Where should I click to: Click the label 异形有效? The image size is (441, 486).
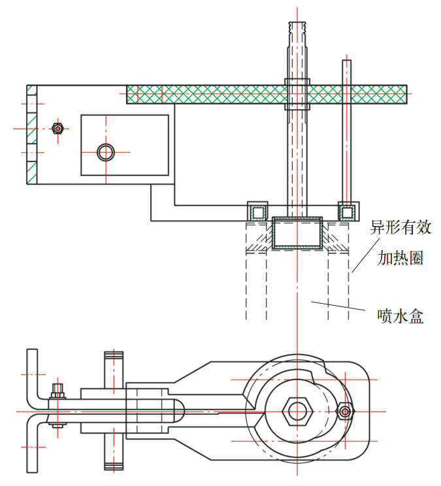(x=401, y=228)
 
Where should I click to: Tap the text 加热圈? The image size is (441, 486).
(x=400, y=258)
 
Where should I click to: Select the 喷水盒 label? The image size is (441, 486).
(x=400, y=317)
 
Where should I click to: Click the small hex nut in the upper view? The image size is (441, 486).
(x=57, y=129)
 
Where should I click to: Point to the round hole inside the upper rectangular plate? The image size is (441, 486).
(x=105, y=152)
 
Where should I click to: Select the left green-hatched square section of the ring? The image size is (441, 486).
(x=257, y=212)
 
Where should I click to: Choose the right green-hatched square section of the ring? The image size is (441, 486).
(x=348, y=212)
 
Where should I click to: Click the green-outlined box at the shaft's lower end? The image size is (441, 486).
(x=298, y=233)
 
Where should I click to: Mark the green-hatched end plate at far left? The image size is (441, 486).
(x=31, y=134)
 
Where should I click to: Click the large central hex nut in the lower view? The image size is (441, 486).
(x=297, y=411)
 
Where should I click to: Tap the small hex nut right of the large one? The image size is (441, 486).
(x=345, y=411)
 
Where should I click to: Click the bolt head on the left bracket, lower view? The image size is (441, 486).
(x=57, y=392)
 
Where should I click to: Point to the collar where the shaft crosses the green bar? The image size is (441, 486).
(x=298, y=95)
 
